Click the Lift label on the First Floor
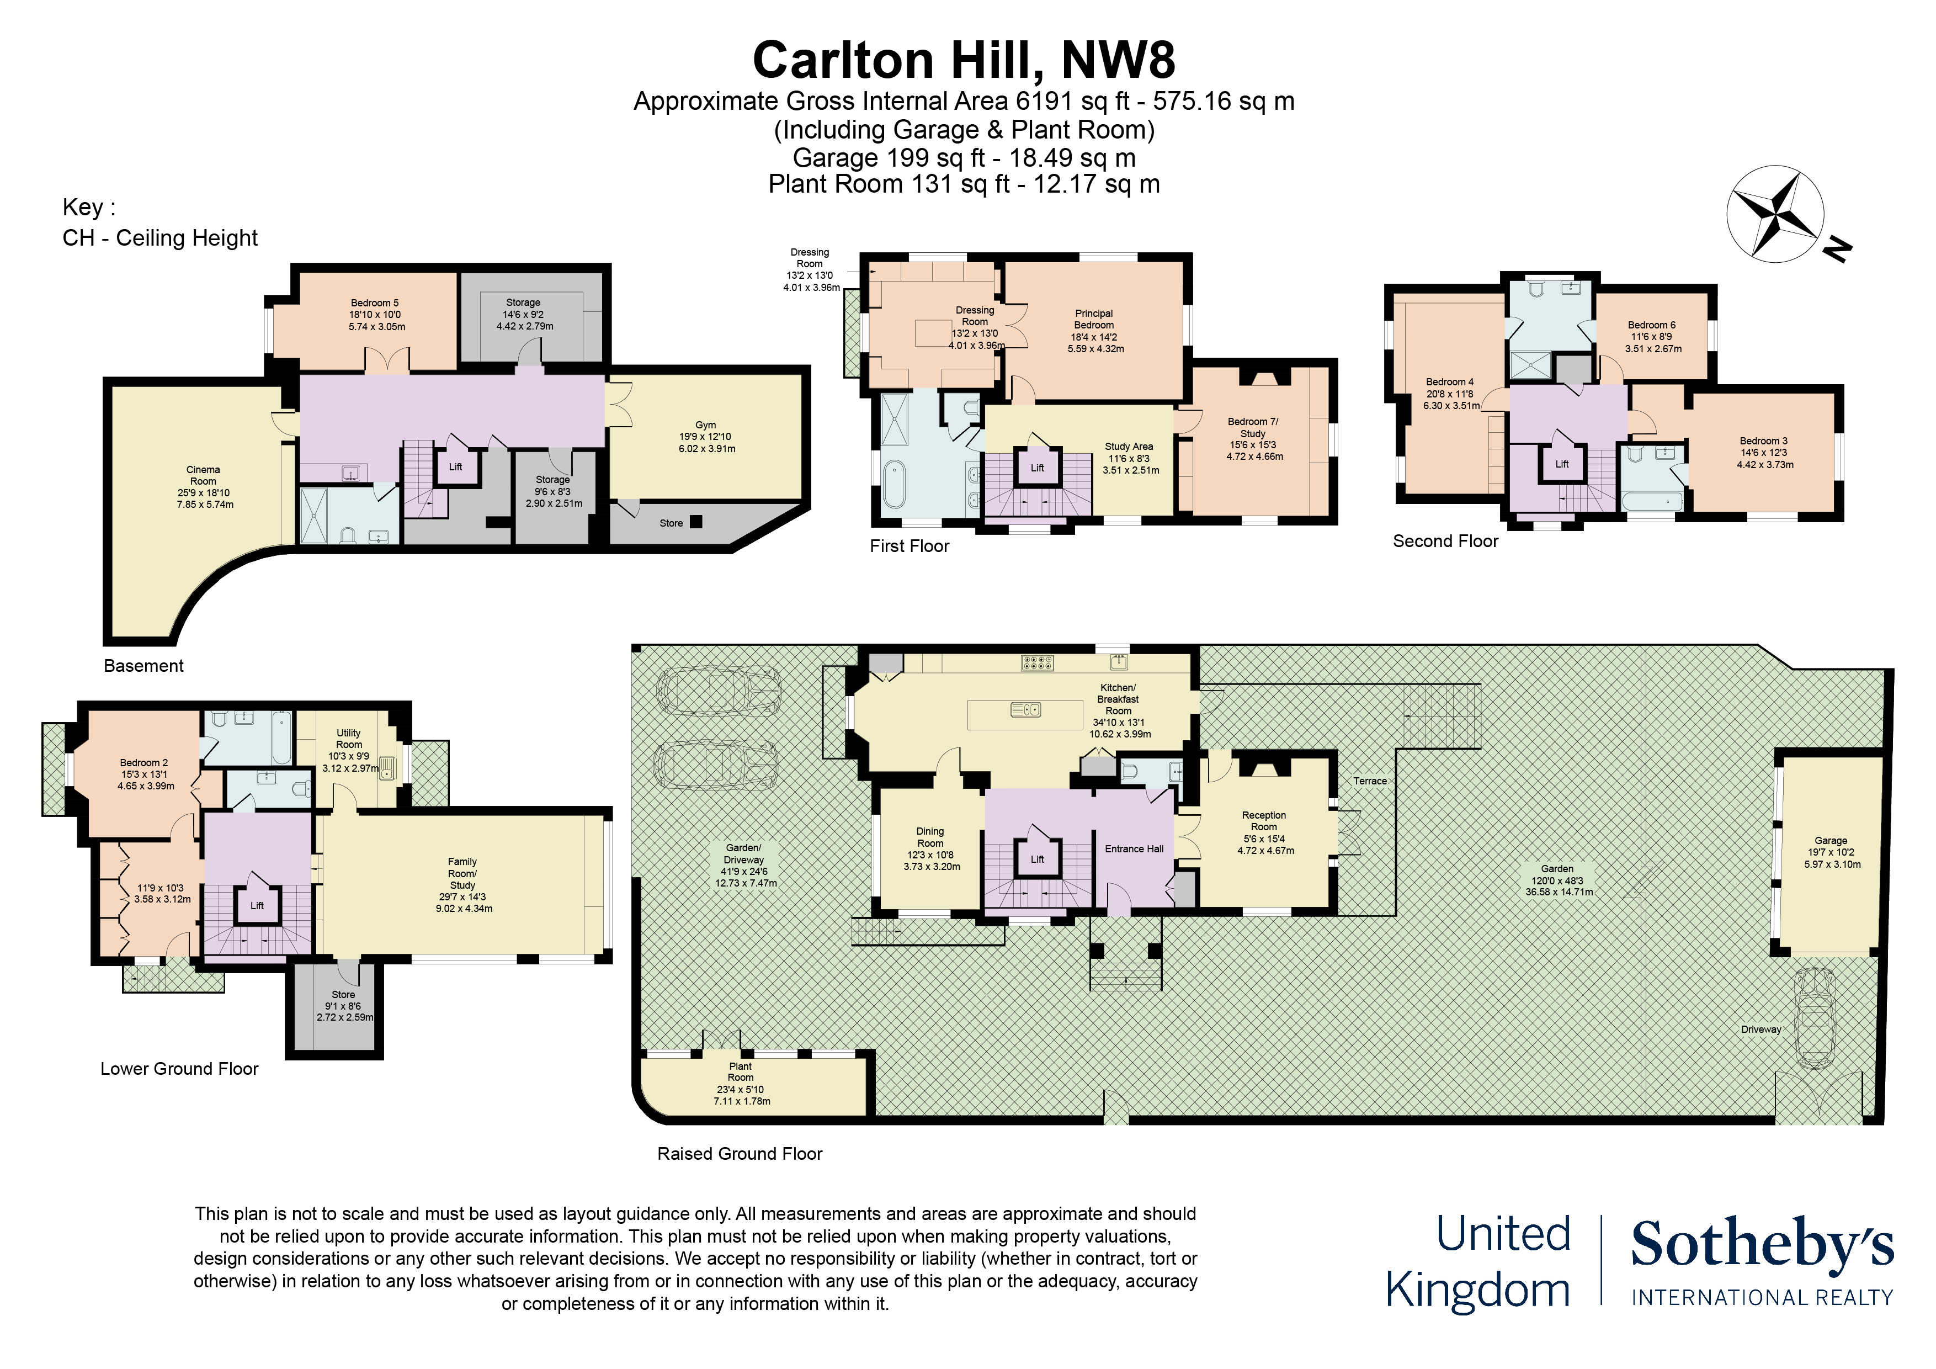click(x=1037, y=468)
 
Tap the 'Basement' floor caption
click(x=143, y=666)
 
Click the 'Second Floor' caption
click(x=1445, y=542)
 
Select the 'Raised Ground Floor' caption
click(x=740, y=1154)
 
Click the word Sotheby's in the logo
click(x=1762, y=1245)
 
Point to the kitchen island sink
click(x=1025, y=710)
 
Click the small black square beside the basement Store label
click(x=695, y=521)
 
